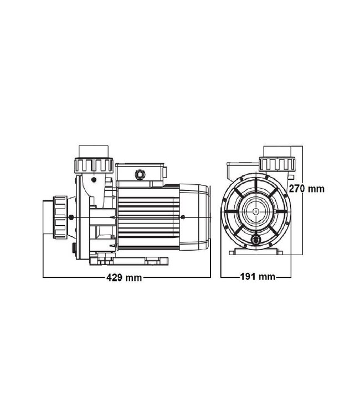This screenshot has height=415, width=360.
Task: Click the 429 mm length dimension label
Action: pyautogui.click(x=124, y=278)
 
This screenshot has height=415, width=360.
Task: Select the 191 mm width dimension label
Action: pyautogui.click(x=258, y=277)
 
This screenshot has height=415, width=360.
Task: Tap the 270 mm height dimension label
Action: pyautogui.click(x=306, y=189)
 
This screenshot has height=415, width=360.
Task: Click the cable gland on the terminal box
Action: pyautogui.click(x=140, y=174)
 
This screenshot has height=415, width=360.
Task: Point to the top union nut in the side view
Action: pyautogui.click(x=94, y=165)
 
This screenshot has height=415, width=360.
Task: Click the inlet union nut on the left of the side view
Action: pyautogui.click(x=60, y=217)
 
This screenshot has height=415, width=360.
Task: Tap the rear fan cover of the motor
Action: pyautogui.click(x=195, y=217)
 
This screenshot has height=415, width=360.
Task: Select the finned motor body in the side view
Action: pyautogui.click(x=148, y=217)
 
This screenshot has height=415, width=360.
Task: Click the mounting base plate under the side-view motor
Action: pyautogui.click(x=129, y=261)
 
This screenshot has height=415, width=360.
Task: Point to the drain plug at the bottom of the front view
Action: pyautogui.click(x=256, y=239)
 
